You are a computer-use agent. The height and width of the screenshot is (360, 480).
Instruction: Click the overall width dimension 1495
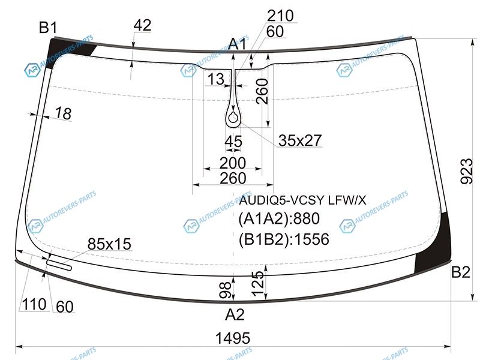pyautogui.click(x=233, y=338)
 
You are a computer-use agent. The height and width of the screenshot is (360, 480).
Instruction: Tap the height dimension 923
pyautogui.click(x=467, y=171)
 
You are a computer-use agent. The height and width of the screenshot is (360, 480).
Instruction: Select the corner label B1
pyautogui.click(x=48, y=28)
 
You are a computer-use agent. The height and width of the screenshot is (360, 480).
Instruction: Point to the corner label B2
pyautogui.click(x=461, y=272)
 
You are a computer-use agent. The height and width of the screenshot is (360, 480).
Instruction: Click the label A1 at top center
pyautogui.click(x=238, y=44)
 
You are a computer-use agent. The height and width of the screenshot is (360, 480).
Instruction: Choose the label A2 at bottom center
pyautogui.click(x=235, y=314)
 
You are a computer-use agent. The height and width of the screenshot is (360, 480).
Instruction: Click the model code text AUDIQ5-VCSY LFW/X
pyautogui.click(x=302, y=200)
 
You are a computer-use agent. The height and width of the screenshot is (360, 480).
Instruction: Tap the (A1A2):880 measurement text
pyautogui.click(x=279, y=218)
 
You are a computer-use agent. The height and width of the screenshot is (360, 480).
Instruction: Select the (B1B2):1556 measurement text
pyautogui.click(x=284, y=239)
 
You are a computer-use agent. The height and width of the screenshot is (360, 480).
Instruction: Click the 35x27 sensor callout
pyautogui.click(x=300, y=140)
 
